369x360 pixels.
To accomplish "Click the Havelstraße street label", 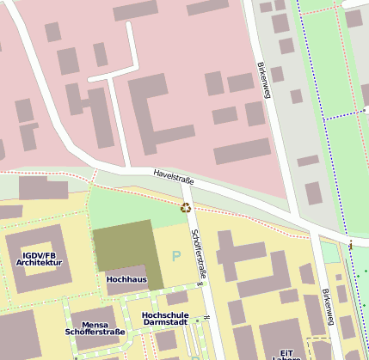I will pyautogui.click(x=174, y=177).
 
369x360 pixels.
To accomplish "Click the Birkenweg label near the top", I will pyautogui.click(x=262, y=79).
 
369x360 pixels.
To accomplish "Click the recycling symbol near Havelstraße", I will pyautogui.click(x=185, y=207).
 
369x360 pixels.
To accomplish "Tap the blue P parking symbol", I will pyautogui.click(x=177, y=255).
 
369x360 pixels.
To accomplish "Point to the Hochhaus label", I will pyautogui.click(x=126, y=279).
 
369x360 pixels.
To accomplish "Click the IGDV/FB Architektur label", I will pyautogui.click(x=40, y=259).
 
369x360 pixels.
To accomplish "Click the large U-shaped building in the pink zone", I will pyautogui.click(x=159, y=107).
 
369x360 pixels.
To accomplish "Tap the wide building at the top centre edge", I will pyautogui.click(x=135, y=11).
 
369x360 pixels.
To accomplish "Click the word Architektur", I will pyautogui.click(x=40, y=263).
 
